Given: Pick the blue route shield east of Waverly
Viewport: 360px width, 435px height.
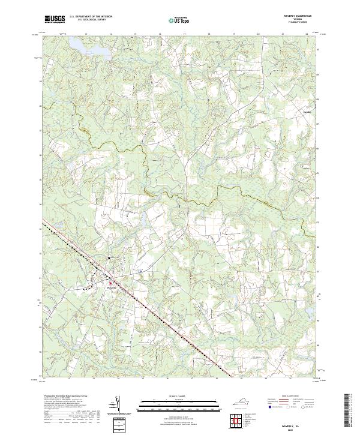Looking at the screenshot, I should [140, 272].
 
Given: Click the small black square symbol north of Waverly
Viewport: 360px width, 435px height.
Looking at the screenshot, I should [109, 258].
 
